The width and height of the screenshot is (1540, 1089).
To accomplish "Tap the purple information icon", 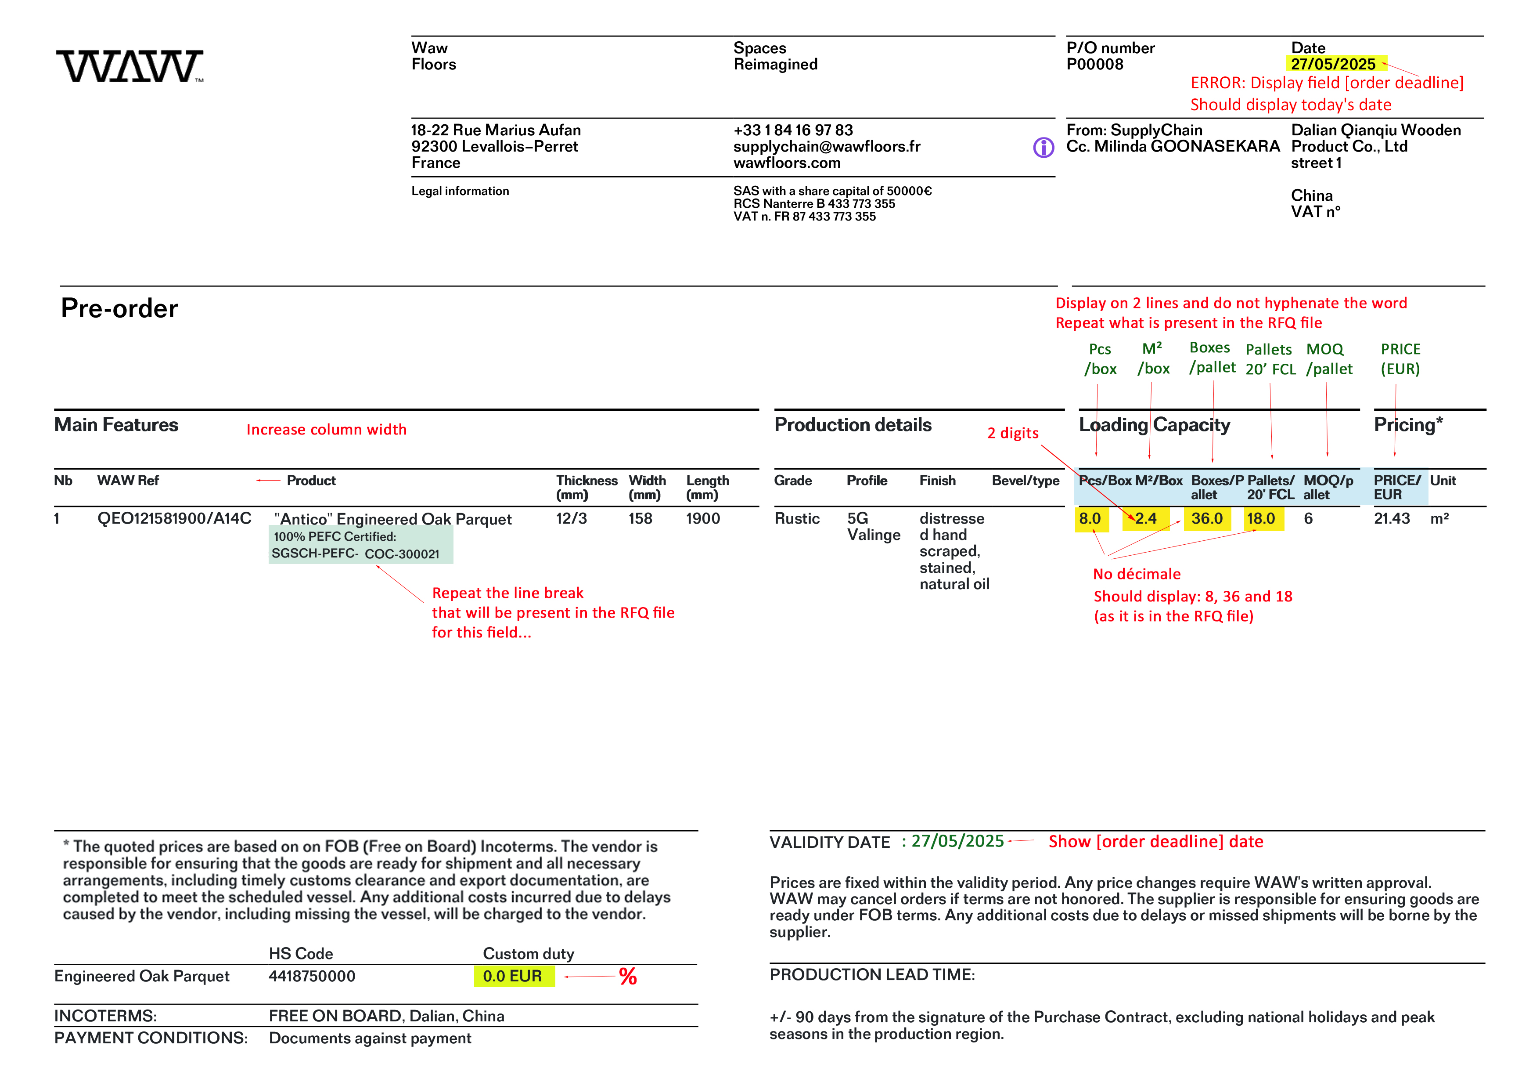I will point(1043,147).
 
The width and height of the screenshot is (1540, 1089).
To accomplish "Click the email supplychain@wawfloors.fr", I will point(826,146).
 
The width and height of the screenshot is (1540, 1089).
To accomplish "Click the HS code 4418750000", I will point(312,976).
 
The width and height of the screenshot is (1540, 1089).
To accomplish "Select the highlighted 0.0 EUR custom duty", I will point(512,976).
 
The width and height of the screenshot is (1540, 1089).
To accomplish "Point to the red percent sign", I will point(628,976).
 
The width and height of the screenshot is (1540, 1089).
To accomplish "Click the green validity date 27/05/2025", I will point(957,841).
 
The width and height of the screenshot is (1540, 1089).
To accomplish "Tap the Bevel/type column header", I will point(1025,481).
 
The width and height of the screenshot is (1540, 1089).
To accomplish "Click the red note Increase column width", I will point(326,430).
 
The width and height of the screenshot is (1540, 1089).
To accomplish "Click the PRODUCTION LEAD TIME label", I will point(872,974).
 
